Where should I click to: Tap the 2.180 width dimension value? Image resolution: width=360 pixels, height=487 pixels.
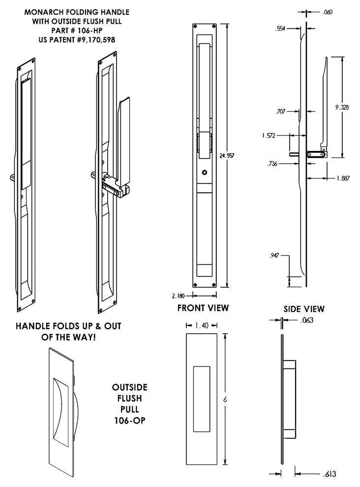[179, 296]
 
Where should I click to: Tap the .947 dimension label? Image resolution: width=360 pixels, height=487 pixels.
[275, 256]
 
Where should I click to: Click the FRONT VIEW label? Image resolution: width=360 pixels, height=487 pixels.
[203, 308]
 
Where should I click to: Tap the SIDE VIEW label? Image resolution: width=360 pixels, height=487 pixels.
[303, 309]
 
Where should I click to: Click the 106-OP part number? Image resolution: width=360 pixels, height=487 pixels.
[129, 421]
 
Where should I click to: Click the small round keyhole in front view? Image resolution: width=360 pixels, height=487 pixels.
[204, 173]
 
